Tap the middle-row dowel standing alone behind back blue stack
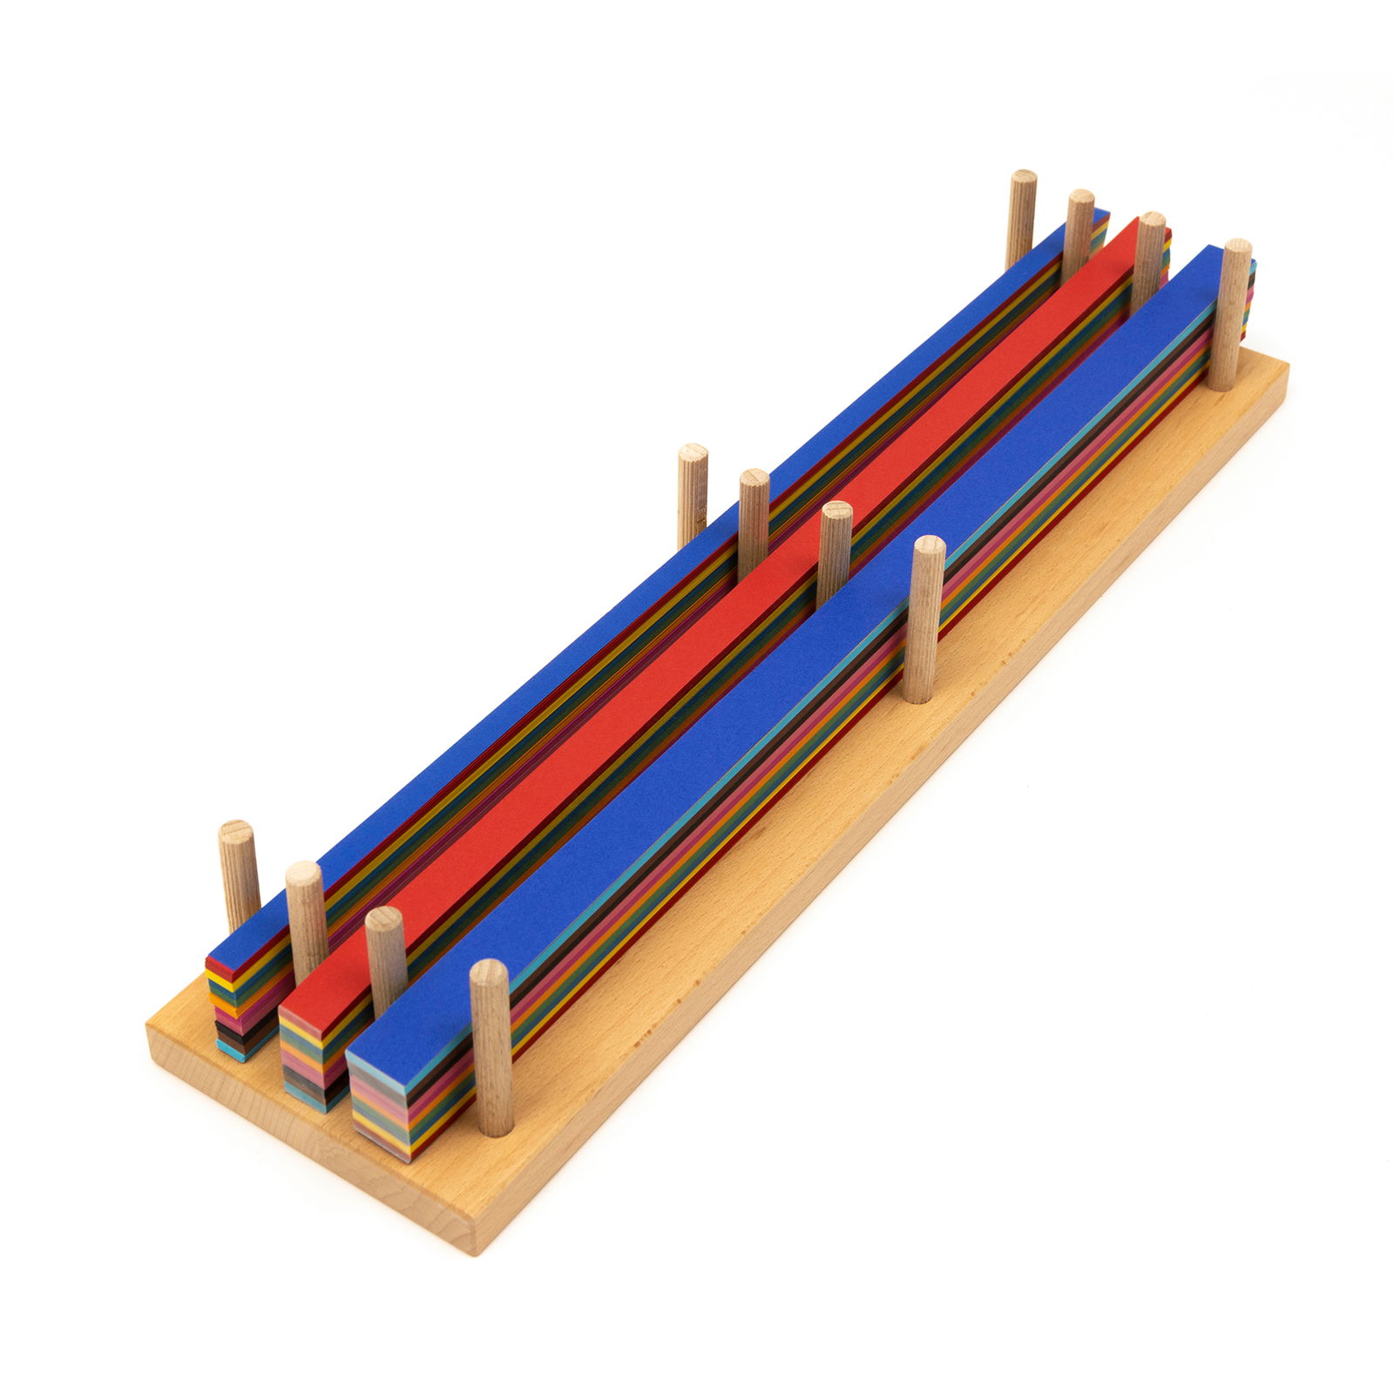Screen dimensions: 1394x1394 point(693,492)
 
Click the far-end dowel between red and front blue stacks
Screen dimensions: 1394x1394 point(1149,261)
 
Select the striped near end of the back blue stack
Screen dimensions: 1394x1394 point(231,1011)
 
